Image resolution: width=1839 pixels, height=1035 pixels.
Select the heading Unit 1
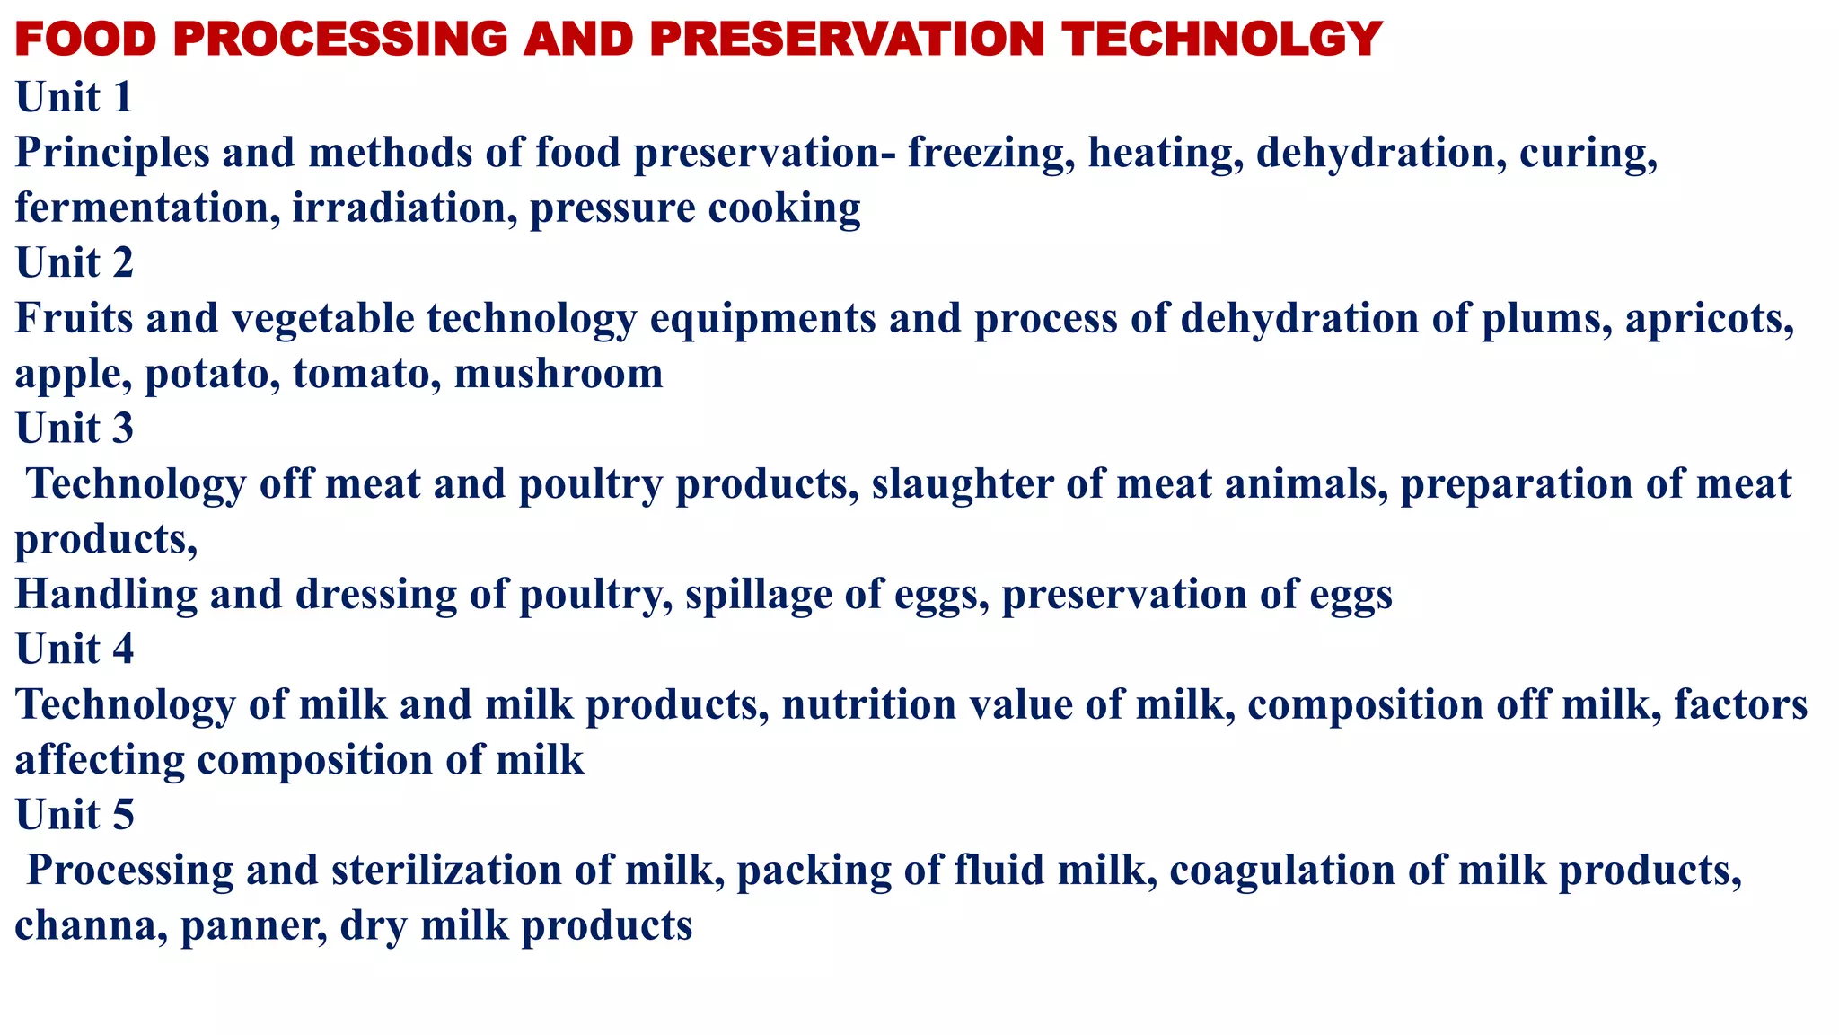click(75, 97)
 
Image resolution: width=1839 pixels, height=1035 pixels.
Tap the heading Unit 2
click(75, 262)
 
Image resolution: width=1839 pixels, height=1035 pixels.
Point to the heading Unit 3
click(75, 428)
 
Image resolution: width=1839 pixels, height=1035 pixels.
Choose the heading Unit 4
click(75, 649)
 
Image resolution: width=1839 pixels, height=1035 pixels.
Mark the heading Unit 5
click(75, 815)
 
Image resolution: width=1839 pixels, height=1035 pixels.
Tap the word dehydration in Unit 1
click(1381, 153)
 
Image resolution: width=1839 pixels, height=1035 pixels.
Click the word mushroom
click(559, 374)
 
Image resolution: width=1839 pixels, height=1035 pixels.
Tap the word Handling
click(105, 595)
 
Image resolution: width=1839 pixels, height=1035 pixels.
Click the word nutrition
click(868, 705)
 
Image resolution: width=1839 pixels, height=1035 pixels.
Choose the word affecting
click(100, 761)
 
